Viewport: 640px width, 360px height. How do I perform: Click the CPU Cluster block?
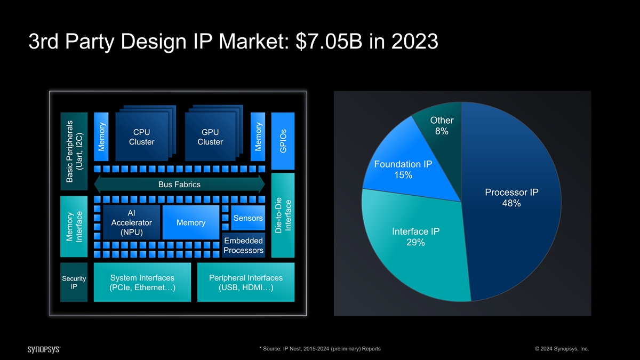[x=142, y=137]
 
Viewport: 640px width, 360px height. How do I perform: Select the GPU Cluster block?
[x=210, y=137]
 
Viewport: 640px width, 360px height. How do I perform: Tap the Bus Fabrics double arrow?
[x=179, y=185]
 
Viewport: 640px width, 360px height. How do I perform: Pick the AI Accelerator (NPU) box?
[x=131, y=222]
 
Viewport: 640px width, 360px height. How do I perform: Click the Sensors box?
[x=248, y=218]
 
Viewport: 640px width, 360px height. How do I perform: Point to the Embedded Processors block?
[x=243, y=245]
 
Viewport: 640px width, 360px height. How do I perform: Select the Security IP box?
[x=74, y=282]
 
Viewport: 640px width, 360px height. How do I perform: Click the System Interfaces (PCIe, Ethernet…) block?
[x=142, y=282]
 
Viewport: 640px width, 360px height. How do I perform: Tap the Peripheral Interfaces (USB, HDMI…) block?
[x=246, y=282]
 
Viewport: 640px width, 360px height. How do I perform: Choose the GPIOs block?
[x=283, y=141]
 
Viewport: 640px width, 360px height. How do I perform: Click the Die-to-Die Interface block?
[x=283, y=215]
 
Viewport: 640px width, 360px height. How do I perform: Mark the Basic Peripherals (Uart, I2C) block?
[x=74, y=151]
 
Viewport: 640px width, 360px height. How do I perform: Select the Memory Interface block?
[x=74, y=227]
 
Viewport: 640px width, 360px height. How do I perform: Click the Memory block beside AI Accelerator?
[x=191, y=222]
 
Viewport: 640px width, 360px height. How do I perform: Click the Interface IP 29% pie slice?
[x=415, y=243]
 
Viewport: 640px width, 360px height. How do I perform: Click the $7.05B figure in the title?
[x=329, y=41]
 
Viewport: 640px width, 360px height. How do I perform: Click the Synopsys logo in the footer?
[x=44, y=349]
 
